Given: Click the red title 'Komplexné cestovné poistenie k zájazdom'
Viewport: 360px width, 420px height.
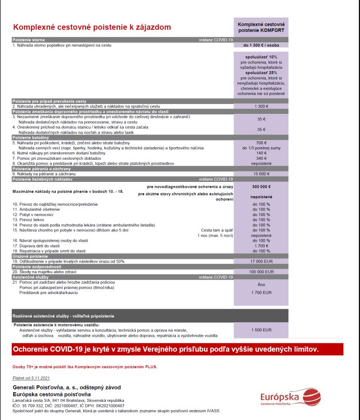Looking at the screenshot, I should (92, 27).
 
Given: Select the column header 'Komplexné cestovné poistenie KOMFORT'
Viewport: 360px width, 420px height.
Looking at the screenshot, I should (261, 27).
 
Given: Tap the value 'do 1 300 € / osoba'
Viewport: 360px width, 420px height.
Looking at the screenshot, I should (261, 45).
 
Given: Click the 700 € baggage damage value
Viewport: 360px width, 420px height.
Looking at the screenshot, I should (261, 143).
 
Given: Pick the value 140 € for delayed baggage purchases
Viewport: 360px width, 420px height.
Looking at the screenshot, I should (261, 153).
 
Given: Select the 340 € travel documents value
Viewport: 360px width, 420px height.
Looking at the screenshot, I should (261, 158).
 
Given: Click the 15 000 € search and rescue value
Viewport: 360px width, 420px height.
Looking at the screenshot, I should (261, 174).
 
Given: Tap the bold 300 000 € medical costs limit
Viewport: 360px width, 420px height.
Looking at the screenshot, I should (261, 186).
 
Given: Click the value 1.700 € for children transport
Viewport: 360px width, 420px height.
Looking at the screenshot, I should (261, 246).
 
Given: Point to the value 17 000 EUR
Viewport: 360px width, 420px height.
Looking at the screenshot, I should (261, 261).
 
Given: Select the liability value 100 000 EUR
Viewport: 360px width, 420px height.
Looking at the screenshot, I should (261, 272).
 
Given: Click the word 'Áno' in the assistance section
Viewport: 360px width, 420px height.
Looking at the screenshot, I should (261, 285).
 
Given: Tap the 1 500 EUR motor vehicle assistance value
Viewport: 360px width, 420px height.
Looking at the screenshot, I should (261, 330).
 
